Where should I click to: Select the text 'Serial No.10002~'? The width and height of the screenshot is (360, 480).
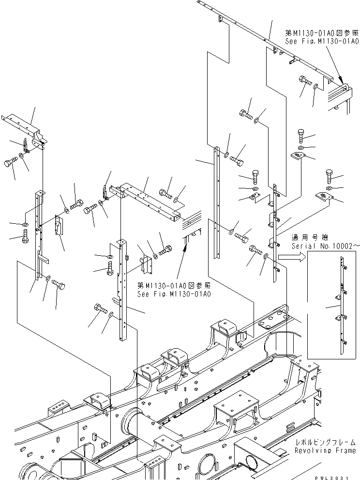coord(326,246)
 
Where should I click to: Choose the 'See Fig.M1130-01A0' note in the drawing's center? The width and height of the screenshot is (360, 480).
coord(174,294)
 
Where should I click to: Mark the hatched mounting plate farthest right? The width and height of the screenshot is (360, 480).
coord(322,196)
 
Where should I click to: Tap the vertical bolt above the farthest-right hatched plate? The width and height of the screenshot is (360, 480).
coord(330,175)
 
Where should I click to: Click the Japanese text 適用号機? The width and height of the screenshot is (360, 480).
coord(310,238)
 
